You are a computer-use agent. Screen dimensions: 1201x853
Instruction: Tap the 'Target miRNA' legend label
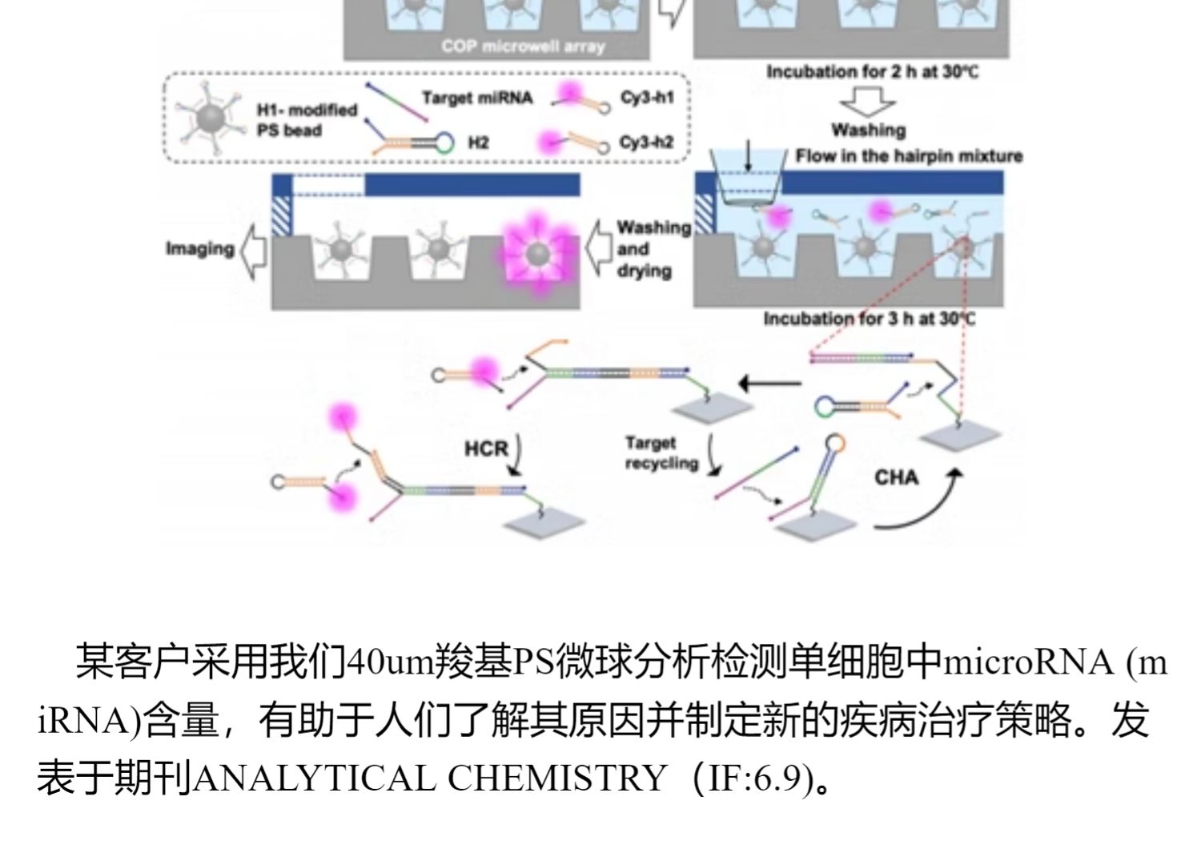tap(476, 99)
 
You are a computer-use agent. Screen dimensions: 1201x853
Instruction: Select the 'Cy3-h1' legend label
tap(647, 98)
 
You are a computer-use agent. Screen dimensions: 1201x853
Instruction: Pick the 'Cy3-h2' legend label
tap(646, 143)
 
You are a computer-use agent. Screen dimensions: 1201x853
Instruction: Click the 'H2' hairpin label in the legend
tap(478, 143)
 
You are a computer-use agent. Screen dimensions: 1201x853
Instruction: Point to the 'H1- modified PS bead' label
tap(307, 120)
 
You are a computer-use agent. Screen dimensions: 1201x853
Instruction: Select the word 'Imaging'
tap(199, 248)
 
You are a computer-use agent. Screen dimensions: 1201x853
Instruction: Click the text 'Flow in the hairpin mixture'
tap(909, 156)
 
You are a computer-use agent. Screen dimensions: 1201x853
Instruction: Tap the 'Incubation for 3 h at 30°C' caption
tap(870, 319)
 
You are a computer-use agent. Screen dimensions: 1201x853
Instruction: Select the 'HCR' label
tap(486, 449)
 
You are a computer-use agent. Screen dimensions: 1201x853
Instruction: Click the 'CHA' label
tap(896, 477)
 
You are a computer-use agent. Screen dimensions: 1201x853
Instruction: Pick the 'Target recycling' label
tap(661, 453)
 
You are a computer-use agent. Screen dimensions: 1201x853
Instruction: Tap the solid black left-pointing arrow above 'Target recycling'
tap(769, 383)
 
